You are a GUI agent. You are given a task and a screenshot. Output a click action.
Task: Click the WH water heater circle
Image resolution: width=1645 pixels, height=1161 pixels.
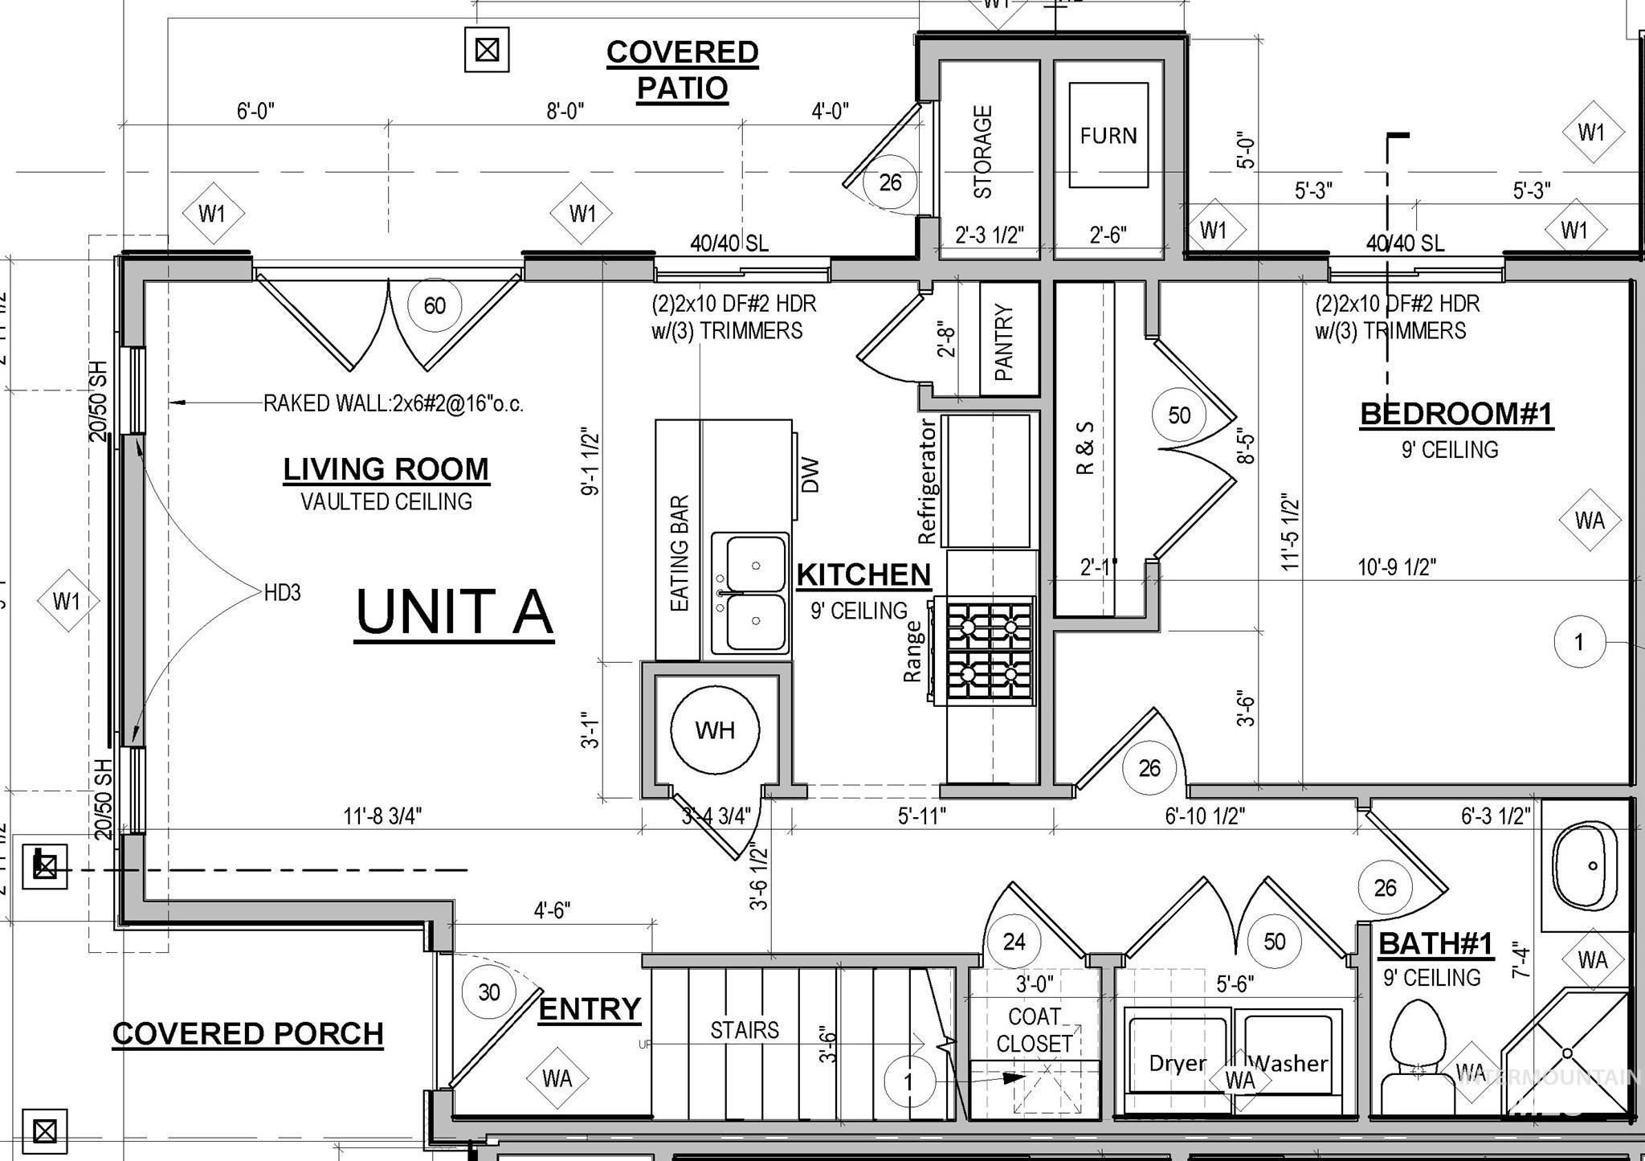(x=715, y=730)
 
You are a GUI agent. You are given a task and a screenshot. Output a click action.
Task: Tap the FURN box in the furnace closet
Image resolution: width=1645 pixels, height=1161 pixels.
(x=1108, y=135)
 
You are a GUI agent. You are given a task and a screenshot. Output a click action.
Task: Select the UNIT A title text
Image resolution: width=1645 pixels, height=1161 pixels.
(x=454, y=612)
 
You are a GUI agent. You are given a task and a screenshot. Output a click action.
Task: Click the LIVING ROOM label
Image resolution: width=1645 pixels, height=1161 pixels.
(x=386, y=469)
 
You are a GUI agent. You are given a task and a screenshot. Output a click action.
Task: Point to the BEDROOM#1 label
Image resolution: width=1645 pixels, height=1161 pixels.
(x=1456, y=414)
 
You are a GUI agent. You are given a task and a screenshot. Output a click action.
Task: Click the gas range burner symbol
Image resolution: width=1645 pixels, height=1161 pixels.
(x=990, y=651)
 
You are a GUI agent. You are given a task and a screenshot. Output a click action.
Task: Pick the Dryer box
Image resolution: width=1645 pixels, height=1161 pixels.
(x=1178, y=1062)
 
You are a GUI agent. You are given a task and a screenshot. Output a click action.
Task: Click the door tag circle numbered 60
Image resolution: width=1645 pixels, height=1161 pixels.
(x=435, y=305)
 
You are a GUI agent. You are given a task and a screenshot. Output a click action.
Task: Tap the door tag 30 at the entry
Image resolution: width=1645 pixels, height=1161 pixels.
(x=489, y=992)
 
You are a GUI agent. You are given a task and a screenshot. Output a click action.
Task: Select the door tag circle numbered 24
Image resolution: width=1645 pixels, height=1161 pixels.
(x=1014, y=941)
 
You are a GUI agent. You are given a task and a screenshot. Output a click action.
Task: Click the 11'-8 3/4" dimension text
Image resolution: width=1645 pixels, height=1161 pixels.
(x=382, y=816)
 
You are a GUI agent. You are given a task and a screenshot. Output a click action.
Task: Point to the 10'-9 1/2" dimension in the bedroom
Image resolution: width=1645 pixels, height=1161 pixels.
(x=1396, y=567)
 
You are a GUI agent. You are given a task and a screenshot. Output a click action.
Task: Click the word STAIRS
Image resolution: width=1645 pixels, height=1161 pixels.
(x=744, y=1030)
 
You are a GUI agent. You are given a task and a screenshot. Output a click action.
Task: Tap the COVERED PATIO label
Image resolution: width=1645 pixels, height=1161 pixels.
(x=682, y=70)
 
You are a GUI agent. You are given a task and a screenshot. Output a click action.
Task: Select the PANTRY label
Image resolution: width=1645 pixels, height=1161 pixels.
(x=1004, y=341)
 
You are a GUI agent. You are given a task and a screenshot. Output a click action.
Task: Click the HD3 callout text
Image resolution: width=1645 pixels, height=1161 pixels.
(x=282, y=593)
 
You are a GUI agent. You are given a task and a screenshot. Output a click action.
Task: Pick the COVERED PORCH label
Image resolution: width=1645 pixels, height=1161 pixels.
(x=247, y=1034)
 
